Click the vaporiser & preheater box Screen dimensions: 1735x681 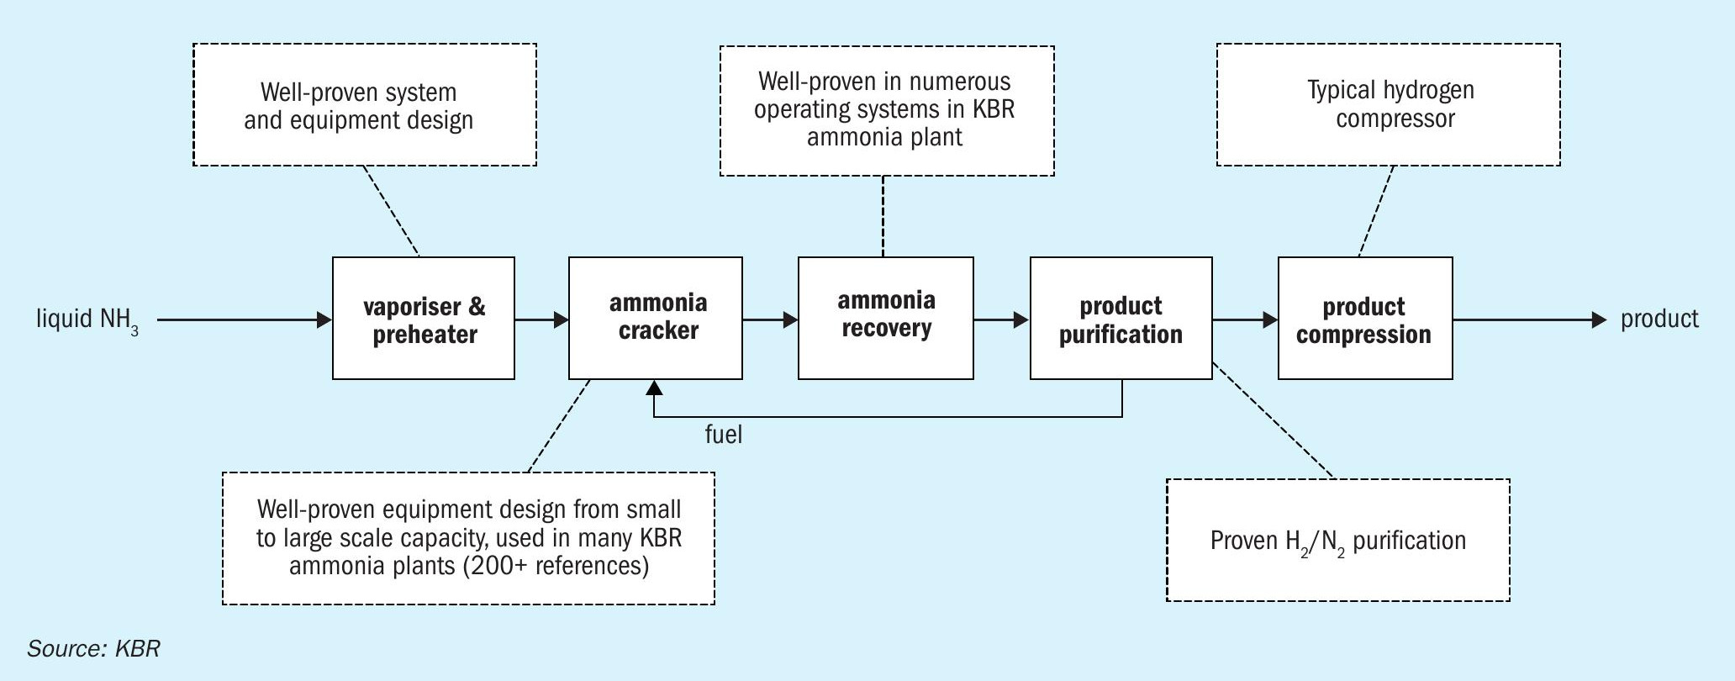[x=424, y=319]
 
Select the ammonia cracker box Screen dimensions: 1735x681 [x=656, y=319]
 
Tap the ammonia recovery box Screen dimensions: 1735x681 [x=886, y=319]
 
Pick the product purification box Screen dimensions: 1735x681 [x=1121, y=319]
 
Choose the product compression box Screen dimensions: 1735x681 [x=1365, y=319]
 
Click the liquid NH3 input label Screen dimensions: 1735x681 [x=87, y=320]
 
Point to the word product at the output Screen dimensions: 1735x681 [x=1659, y=319]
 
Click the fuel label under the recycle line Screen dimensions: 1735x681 [x=723, y=434]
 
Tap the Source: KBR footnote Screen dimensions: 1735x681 [x=93, y=648]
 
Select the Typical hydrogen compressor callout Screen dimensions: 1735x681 [x=1389, y=105]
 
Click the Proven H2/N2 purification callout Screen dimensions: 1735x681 [x=1338, y=540]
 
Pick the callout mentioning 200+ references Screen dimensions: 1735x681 [x=469, y=538]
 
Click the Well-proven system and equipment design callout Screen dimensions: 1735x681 [x=365, y=105]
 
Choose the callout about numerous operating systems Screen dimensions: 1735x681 [x=887, y=111]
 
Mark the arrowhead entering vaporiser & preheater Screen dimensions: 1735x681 [x=325, y=319]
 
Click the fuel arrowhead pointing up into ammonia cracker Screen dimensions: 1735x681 [x=654, y=387]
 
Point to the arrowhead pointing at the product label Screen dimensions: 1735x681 [x=1600, y=319]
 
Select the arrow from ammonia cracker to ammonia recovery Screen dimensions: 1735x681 [x=770, y=319]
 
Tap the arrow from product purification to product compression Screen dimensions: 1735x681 [x=1245, y=319]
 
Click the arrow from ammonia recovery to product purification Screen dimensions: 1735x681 [x=1002, y=319]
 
